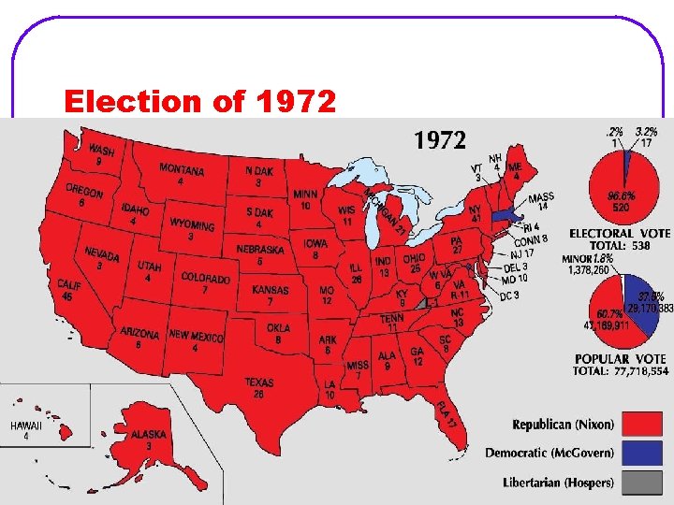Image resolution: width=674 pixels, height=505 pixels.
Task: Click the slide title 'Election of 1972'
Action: tap(198, 101)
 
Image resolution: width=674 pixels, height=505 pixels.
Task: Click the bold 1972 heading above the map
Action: tap(440, 140)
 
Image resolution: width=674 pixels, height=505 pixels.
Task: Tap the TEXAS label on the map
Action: tap(259, 383)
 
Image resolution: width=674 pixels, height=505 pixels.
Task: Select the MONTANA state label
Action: tap(182, 169)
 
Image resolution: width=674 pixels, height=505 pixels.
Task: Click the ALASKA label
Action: tap(149, 435)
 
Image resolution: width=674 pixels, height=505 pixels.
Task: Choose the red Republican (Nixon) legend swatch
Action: tap(644, 426)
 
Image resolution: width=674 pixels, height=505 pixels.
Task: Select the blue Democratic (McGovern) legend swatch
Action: tap(644, 454)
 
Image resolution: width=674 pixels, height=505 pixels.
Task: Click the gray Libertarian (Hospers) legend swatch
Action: tap(644, 483)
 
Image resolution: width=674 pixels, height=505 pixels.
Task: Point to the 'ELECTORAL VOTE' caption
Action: tap(619, 233)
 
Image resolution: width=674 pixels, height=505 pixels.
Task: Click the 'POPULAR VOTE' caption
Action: tap(621, 359)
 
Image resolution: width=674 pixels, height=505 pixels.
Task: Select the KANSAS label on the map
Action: tap(271, 290)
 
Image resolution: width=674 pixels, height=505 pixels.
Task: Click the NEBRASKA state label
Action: tap(259, 251)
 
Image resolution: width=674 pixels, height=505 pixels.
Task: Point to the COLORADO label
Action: tap(205, 279)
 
